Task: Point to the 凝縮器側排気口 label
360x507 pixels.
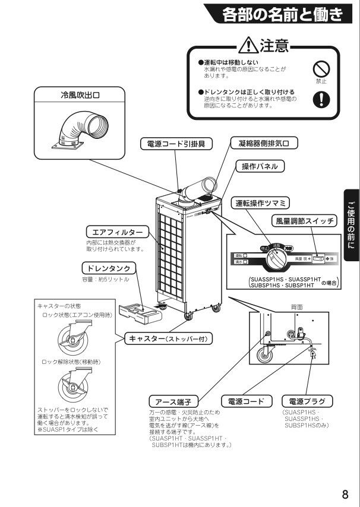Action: [x=263, y=143]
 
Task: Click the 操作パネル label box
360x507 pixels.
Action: [x=260, y=166]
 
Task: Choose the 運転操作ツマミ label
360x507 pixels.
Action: [x=260, y=203]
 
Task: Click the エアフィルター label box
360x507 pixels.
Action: [x=115, y=232]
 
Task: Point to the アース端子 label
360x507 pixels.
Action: [x=175, y=401]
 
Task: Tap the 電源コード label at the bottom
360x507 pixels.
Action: [x=246, y=401]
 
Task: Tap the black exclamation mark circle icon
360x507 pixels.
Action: [x=321, y=99]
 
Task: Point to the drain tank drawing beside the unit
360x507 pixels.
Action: [x=137, y=310]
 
